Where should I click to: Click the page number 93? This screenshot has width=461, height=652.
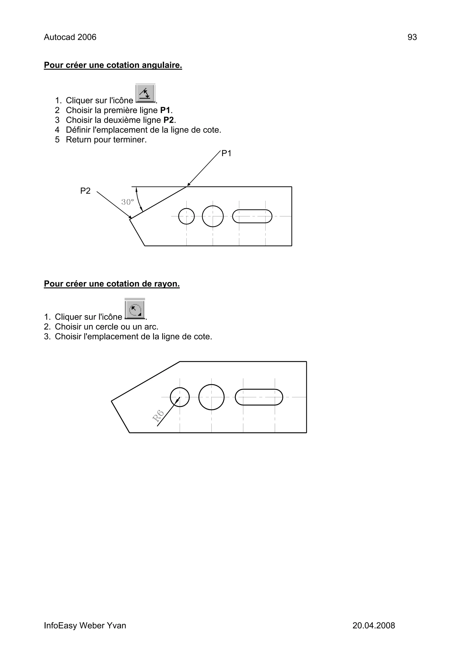tap(412, 37)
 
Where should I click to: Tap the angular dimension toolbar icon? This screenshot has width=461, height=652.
tap(145, 93)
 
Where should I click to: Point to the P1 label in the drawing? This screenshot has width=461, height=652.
tap(226, 154)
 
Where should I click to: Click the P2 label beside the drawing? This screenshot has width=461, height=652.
tap(85, 191)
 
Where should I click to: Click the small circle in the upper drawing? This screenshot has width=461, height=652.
tap(186, 216)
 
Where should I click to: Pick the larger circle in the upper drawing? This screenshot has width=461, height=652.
tap(213, 216)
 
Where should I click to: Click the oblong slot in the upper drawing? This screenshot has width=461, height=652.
tap(252, 216)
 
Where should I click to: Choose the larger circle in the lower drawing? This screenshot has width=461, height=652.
tap(211, 397)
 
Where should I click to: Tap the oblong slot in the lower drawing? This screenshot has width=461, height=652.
tap(259, 397)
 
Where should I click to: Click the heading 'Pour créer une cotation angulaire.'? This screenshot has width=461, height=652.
tap(113, 65)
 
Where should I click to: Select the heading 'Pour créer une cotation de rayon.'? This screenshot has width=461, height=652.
tap(112, 284)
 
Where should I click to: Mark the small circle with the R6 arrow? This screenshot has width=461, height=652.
tap(180, 397)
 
